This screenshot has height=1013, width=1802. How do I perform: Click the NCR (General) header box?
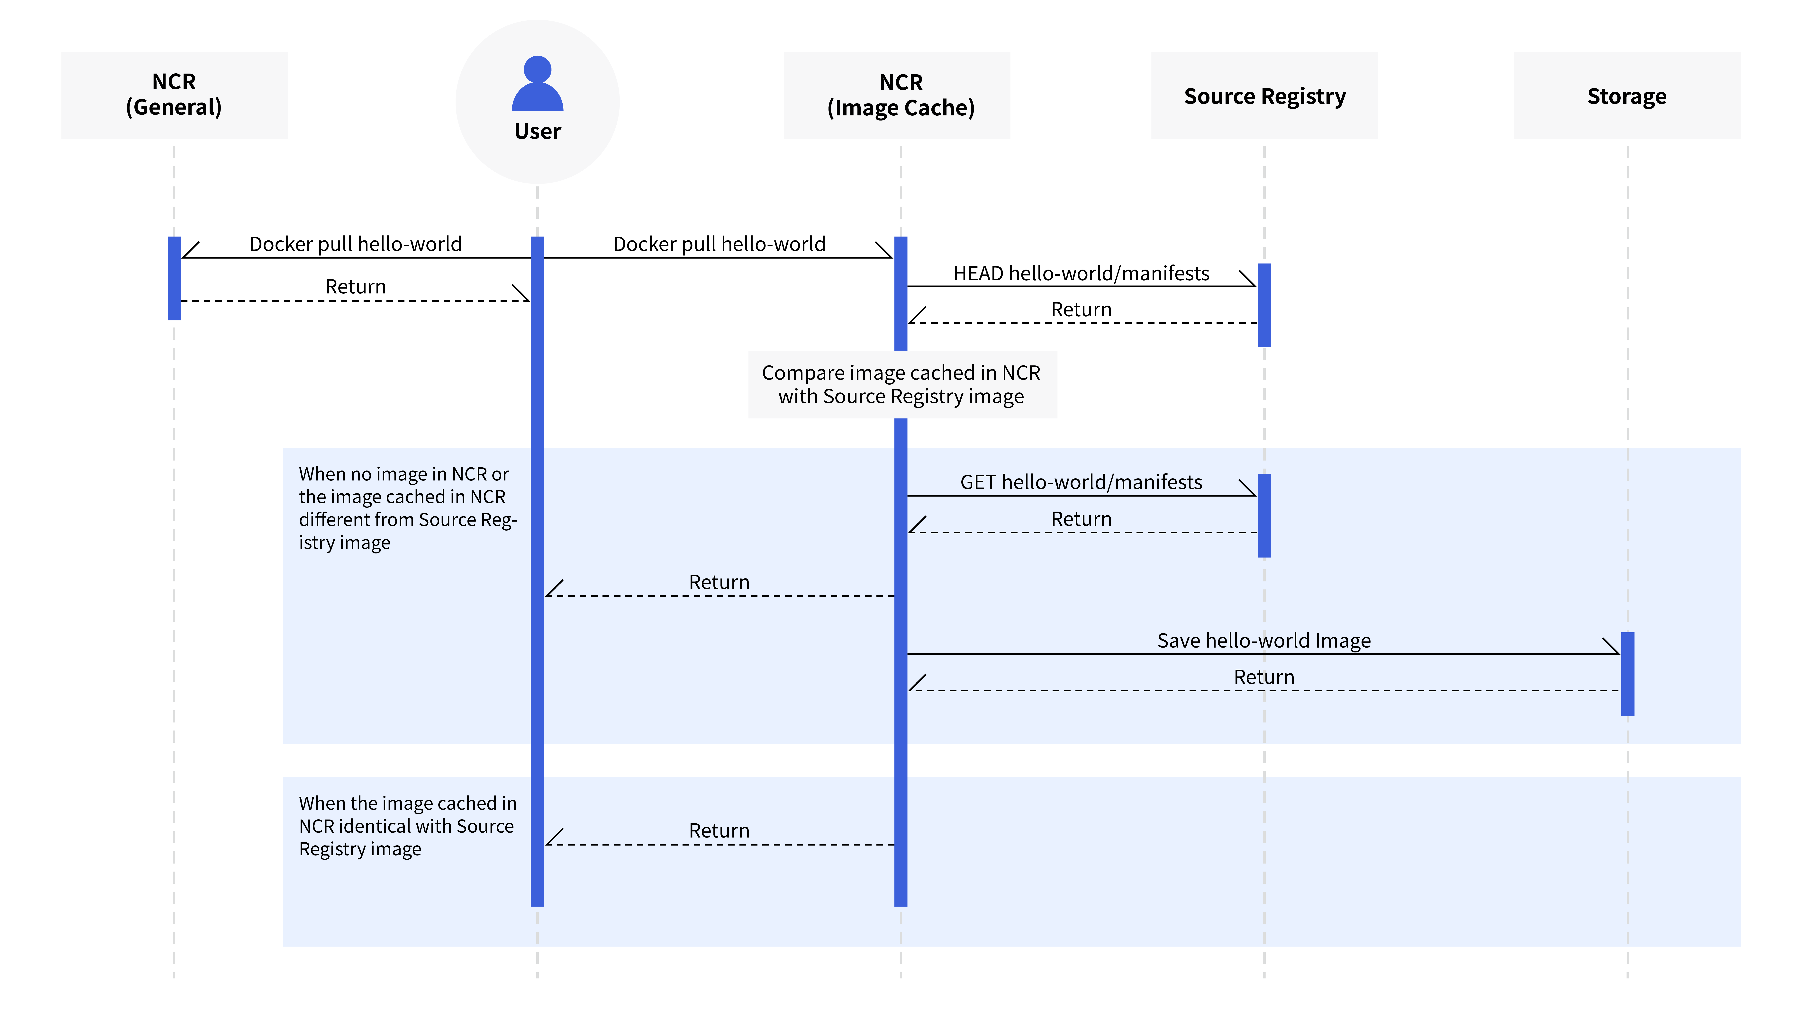174,95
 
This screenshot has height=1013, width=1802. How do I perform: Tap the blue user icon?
537,83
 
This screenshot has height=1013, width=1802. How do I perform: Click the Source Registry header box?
1265,95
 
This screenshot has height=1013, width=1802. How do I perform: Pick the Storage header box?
1627,95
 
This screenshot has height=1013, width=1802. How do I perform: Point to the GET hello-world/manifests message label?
1082,482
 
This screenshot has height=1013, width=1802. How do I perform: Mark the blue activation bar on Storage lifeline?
1628,674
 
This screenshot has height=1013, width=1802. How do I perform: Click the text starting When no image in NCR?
408,508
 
